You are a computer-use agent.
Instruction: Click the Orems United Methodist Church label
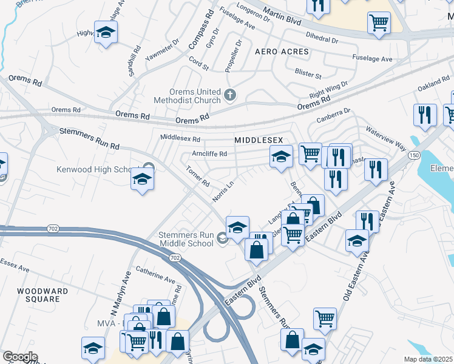pos(193,95)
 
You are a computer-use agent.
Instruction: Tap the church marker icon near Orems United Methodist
pos(229,95)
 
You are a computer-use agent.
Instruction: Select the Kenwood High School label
pos(96,169)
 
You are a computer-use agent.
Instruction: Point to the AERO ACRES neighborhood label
pos(282,52)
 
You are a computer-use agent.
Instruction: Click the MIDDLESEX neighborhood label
pos(259,140)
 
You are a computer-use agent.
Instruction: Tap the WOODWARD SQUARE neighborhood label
pos(38,295)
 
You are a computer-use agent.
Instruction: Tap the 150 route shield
pos(415,156)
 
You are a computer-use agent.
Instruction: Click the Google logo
pos(20,357)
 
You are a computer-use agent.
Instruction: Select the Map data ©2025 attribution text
pos(427,359)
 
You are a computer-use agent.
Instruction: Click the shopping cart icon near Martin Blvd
pos(379,22)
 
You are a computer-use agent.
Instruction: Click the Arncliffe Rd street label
pos(209,153)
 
